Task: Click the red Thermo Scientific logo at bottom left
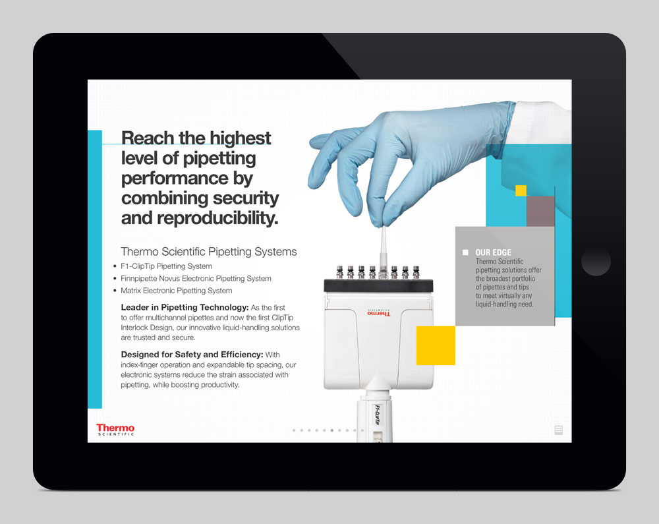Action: [115, 430]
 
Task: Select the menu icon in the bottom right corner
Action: [559, 430]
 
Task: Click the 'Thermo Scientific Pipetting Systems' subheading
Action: [209, 252]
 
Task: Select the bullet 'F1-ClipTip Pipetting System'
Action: [166, 266]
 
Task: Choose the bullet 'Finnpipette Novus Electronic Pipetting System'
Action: [196, 279]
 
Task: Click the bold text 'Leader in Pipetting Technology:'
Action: [185, 308]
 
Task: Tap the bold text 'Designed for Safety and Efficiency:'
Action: [192, 355]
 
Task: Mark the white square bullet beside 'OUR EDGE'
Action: [465, 252]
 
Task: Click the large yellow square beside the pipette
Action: [436, 345]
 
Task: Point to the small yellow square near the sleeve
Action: [521, 190]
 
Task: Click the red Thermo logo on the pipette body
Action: [378, 313]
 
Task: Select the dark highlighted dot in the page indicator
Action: [331, 430]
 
